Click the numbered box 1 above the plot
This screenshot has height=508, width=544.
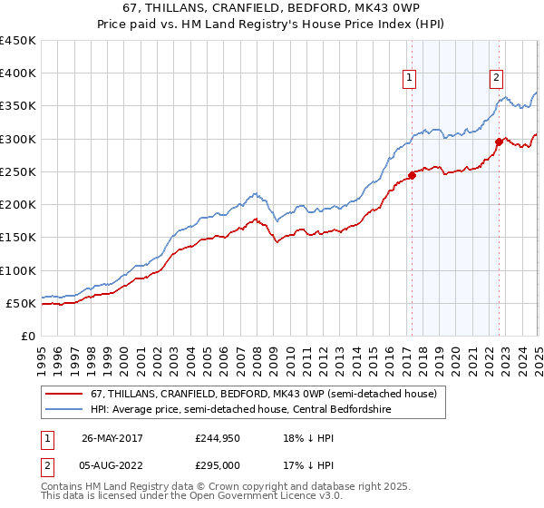[410, 78]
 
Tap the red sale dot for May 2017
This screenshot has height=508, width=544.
[412, 175]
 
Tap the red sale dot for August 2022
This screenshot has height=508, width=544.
[499, 142]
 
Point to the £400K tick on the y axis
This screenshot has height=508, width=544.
[18, 73]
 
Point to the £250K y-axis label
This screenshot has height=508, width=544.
[18, 171]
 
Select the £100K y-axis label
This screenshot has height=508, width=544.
[18, 270]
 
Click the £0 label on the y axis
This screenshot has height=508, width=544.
[28, 336]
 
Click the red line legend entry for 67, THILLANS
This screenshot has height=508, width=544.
[264, 395]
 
